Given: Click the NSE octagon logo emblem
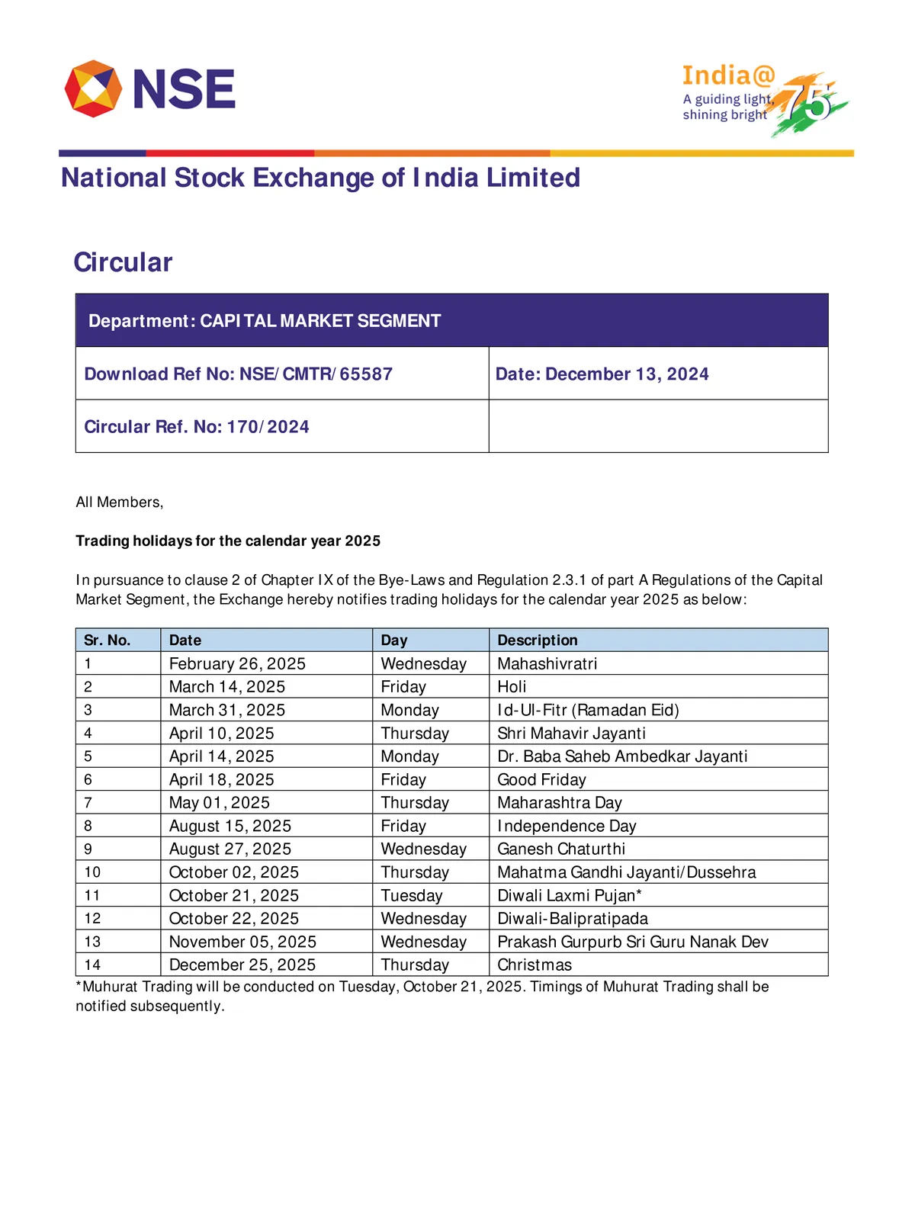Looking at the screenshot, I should [93, 88].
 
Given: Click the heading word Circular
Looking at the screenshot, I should [123, 262].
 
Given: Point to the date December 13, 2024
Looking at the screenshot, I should [627, 374].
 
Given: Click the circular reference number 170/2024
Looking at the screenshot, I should [268, 427].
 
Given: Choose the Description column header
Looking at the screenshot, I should [538, 640].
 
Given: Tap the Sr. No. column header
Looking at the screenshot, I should [108, 640].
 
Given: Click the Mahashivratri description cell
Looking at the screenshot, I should [547, 664].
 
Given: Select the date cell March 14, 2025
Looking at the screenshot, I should [227, 687].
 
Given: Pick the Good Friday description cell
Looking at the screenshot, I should [541, 780].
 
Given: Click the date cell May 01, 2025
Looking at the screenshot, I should [220, 803].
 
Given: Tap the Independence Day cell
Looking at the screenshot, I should [567, 826].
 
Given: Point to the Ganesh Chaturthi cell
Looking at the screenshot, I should [561, 849].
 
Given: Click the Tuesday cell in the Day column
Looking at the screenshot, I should [412, 896].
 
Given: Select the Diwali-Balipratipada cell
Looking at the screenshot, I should [573, 919].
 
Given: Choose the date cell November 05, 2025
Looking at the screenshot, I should [242, 942].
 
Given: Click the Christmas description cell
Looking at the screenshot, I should [535, 965].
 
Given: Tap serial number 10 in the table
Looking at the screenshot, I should [92, 872].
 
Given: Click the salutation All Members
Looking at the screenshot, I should [120, 502].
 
